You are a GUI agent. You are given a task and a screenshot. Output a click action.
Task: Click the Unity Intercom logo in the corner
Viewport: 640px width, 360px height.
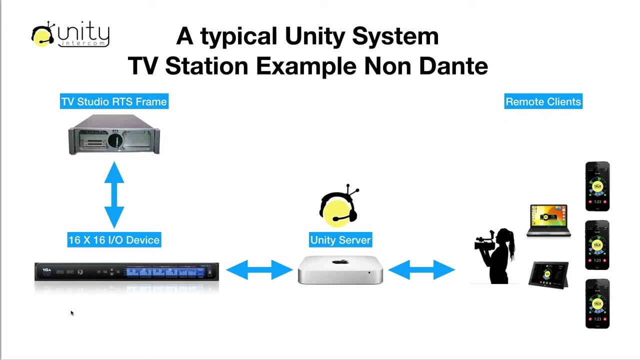coord(70,35)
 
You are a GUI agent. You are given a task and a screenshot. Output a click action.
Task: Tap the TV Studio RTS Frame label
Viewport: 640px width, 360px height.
coord(114,101)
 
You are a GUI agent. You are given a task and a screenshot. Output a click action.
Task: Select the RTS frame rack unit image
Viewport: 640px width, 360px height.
coord(114,134)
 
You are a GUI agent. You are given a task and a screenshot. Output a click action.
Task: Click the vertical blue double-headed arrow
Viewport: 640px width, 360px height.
coord(114,195)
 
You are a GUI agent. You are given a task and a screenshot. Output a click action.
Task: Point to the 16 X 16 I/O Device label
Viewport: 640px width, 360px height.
coord(114,240)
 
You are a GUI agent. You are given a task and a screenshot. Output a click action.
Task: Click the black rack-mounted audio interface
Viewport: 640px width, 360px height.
coord(126,272)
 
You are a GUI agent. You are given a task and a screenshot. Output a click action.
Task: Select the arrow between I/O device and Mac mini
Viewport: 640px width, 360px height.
coord(259,270)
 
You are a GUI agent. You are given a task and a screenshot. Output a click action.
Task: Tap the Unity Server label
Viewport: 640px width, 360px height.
coord(340,240)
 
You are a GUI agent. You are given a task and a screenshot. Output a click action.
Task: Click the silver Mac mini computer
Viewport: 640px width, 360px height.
coord(340,270)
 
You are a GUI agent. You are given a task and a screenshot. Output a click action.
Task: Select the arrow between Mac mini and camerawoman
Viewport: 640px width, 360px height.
coord(421,270)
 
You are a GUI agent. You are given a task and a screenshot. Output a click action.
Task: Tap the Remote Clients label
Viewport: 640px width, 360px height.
coord(543,101)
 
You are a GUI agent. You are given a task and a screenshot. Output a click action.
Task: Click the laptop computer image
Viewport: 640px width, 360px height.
coord(548,220)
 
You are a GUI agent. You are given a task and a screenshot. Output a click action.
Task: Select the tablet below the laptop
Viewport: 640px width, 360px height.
coord(548,275)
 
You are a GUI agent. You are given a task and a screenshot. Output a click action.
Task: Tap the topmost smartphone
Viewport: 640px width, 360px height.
coord(597,186)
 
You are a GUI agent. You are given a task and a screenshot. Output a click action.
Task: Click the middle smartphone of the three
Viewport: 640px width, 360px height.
coord(597,245)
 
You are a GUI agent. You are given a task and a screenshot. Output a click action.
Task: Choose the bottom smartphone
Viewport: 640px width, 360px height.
coord(597,303)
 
